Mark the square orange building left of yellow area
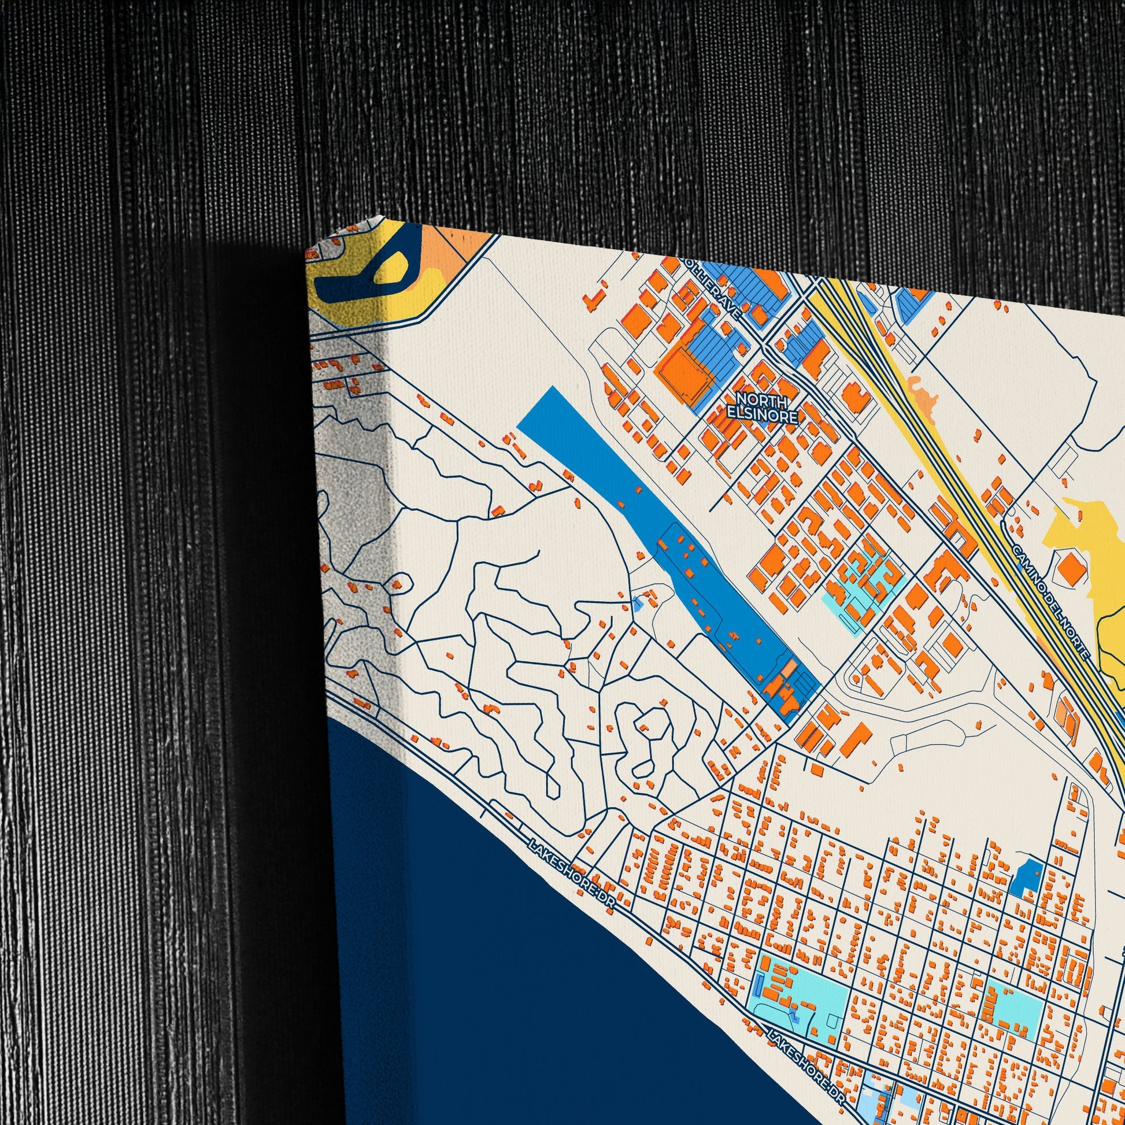tap(1070, 568)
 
